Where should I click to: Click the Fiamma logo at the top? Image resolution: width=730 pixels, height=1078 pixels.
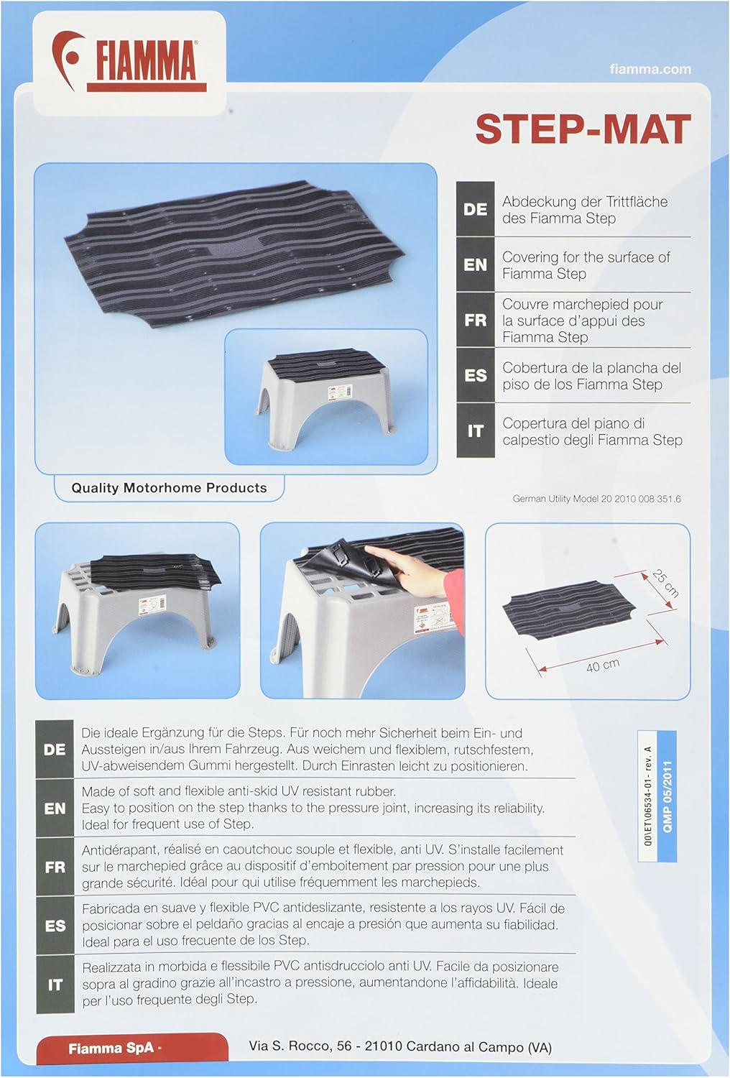tap(129, 62)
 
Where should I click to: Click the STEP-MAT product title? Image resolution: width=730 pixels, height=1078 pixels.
tap(582, 129)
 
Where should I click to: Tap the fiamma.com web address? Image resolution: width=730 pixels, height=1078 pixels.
tap(650, 69)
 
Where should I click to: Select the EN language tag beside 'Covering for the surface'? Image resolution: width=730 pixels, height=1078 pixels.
tap(475, 264)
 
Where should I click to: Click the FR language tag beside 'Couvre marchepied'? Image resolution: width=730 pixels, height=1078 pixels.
tap(475, 320)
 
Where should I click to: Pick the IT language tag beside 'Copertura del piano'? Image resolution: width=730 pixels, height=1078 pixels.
tap(475, 430)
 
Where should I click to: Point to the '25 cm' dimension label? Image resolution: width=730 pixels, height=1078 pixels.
tap(665, 584)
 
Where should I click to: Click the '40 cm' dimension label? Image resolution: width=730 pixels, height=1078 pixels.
tap(602, 665)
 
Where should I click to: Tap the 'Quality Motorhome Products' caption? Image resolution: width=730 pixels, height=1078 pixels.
tap(169, 488)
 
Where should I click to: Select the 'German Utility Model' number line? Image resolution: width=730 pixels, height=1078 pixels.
tap(596, 499)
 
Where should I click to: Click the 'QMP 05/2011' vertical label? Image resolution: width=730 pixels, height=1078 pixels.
tap(667, 796)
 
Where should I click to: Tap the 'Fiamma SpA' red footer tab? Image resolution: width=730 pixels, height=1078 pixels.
tap(111, 1049)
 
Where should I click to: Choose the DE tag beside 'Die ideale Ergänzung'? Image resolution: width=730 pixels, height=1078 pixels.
tap(55, 750)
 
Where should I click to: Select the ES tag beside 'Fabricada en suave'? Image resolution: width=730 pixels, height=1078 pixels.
tap(55, 926)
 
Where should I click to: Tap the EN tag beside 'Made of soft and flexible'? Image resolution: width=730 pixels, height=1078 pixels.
tap(55, 808)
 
